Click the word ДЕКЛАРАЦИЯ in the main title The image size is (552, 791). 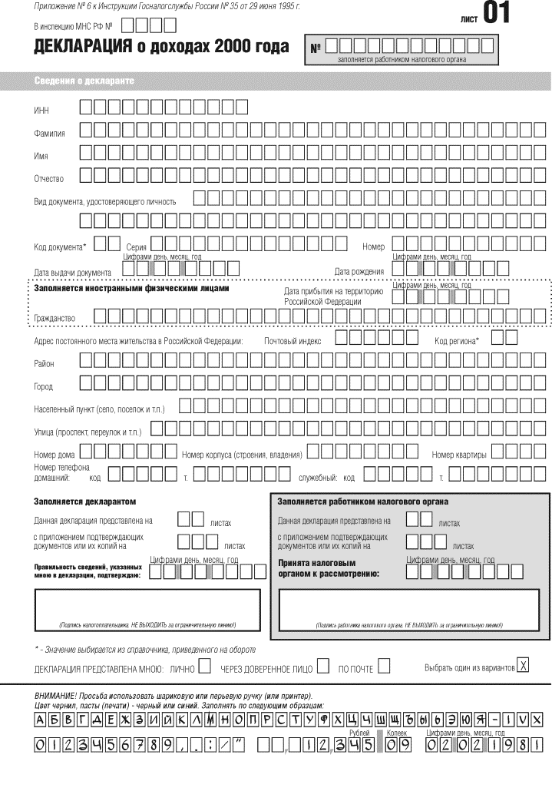pos(79,48)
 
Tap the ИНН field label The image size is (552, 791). pos(41,111)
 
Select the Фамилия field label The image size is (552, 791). pos(49,134)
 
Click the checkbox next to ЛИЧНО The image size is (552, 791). pos(204,667)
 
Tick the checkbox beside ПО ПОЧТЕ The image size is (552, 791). pos(383,667)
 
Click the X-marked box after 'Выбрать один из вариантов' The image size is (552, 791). pos(524,665)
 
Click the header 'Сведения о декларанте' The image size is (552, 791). pos(84,81)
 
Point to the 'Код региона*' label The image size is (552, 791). pos(456,340)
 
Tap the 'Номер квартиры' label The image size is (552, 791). pos(458,455)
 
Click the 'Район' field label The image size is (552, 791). pos(44,363)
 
